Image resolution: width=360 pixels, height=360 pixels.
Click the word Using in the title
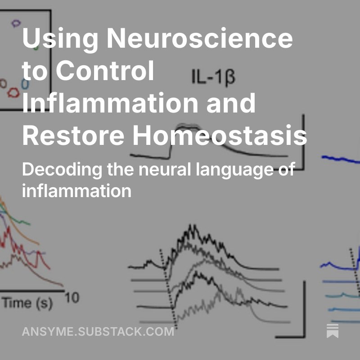click(x=54, y=39)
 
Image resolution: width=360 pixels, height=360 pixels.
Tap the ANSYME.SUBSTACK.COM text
click(x=98, y=332)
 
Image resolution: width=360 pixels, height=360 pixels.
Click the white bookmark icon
click(x=333, y=331)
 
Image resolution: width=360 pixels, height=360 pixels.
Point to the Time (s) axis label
click(x=27, y=303)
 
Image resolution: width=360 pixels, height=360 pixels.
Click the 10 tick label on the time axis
click(x=72, y=298)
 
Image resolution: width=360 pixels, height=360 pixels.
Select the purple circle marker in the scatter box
click(x=17, y=22)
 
